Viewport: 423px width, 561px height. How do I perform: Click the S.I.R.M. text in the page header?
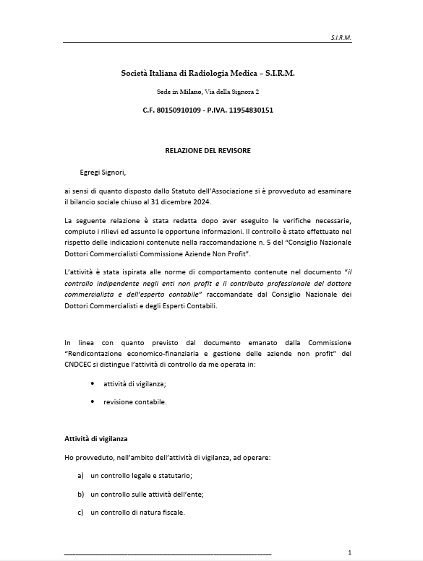tap(340, 36)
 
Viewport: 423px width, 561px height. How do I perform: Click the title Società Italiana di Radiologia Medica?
tap(208, 73)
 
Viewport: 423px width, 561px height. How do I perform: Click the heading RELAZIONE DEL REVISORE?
tap(208, 150)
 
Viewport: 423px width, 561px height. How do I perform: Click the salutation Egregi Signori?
tap(103, 173)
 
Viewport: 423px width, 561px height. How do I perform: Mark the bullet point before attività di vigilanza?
tap(92, 383)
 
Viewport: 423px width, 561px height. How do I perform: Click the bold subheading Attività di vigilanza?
tap(96, 439)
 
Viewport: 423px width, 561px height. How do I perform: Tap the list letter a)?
tap(80, 477)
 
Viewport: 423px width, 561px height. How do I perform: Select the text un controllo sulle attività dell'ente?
tap(148, 495)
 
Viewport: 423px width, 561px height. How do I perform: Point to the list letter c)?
tap(80, 513)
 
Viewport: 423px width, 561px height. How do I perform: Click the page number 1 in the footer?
tap(349, 552)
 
